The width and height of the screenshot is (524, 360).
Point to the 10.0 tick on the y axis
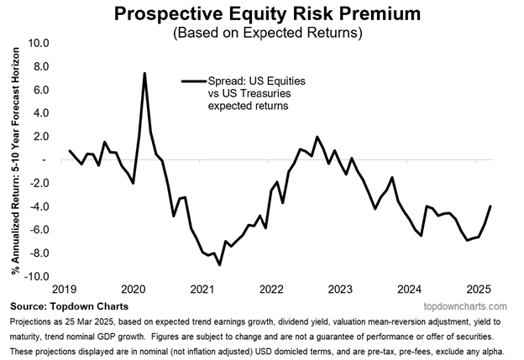pyautogui.click(x=39, y=43)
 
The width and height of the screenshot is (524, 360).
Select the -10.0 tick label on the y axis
pyautogui.click(x=37, y=276)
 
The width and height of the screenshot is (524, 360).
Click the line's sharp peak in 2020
pyautogui.click(x=145, y=74)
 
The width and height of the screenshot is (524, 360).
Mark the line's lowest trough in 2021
pyautogui.click(x=220, y=264)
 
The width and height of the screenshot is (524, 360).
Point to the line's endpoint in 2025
pyautogui.click(x=490, y=206)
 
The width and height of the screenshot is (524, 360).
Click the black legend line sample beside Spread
pyautogui.click(x=192, y=81)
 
